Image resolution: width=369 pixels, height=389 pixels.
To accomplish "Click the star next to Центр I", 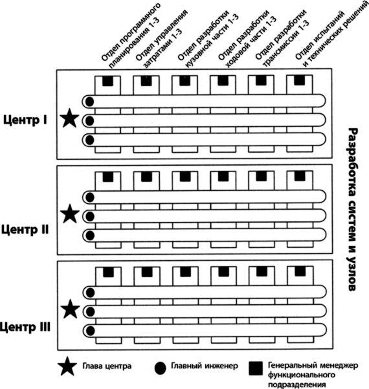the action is [x=70, y=118].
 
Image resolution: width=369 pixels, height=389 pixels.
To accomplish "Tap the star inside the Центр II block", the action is [x=70, y=214].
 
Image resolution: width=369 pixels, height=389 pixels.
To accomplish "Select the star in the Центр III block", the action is [x=71, y=309].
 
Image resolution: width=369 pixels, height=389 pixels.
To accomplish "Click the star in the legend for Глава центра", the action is [x=67, y=366].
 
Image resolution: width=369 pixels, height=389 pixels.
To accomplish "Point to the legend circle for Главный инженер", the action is [x=160, y=368].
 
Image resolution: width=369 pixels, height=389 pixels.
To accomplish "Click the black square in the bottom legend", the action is [x=256, y=368].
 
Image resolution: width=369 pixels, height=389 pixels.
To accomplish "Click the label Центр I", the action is [x=25, y=120].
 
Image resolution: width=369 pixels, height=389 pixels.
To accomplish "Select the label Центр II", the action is [x=25, y=230].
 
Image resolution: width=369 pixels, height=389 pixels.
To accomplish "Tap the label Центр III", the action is [x=25, y=327].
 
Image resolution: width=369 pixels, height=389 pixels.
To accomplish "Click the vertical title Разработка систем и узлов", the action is [x=353, y=209].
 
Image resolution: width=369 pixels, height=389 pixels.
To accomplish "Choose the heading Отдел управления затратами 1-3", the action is [x=161, y=39].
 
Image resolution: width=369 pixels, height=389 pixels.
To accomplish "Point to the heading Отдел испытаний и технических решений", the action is [x=331, y=35].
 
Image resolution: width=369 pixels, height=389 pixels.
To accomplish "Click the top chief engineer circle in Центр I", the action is [x=89, y=102].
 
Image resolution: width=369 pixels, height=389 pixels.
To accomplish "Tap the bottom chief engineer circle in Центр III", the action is [x=90, y=331].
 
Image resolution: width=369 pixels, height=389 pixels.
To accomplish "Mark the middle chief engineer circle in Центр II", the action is [x=90, y=216].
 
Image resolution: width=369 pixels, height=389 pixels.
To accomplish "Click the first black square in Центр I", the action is [x=108, y=81].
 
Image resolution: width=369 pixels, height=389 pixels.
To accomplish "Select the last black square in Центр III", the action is [x=300, y=271].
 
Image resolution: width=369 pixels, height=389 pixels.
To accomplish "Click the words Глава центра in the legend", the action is [x=107, y=366].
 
